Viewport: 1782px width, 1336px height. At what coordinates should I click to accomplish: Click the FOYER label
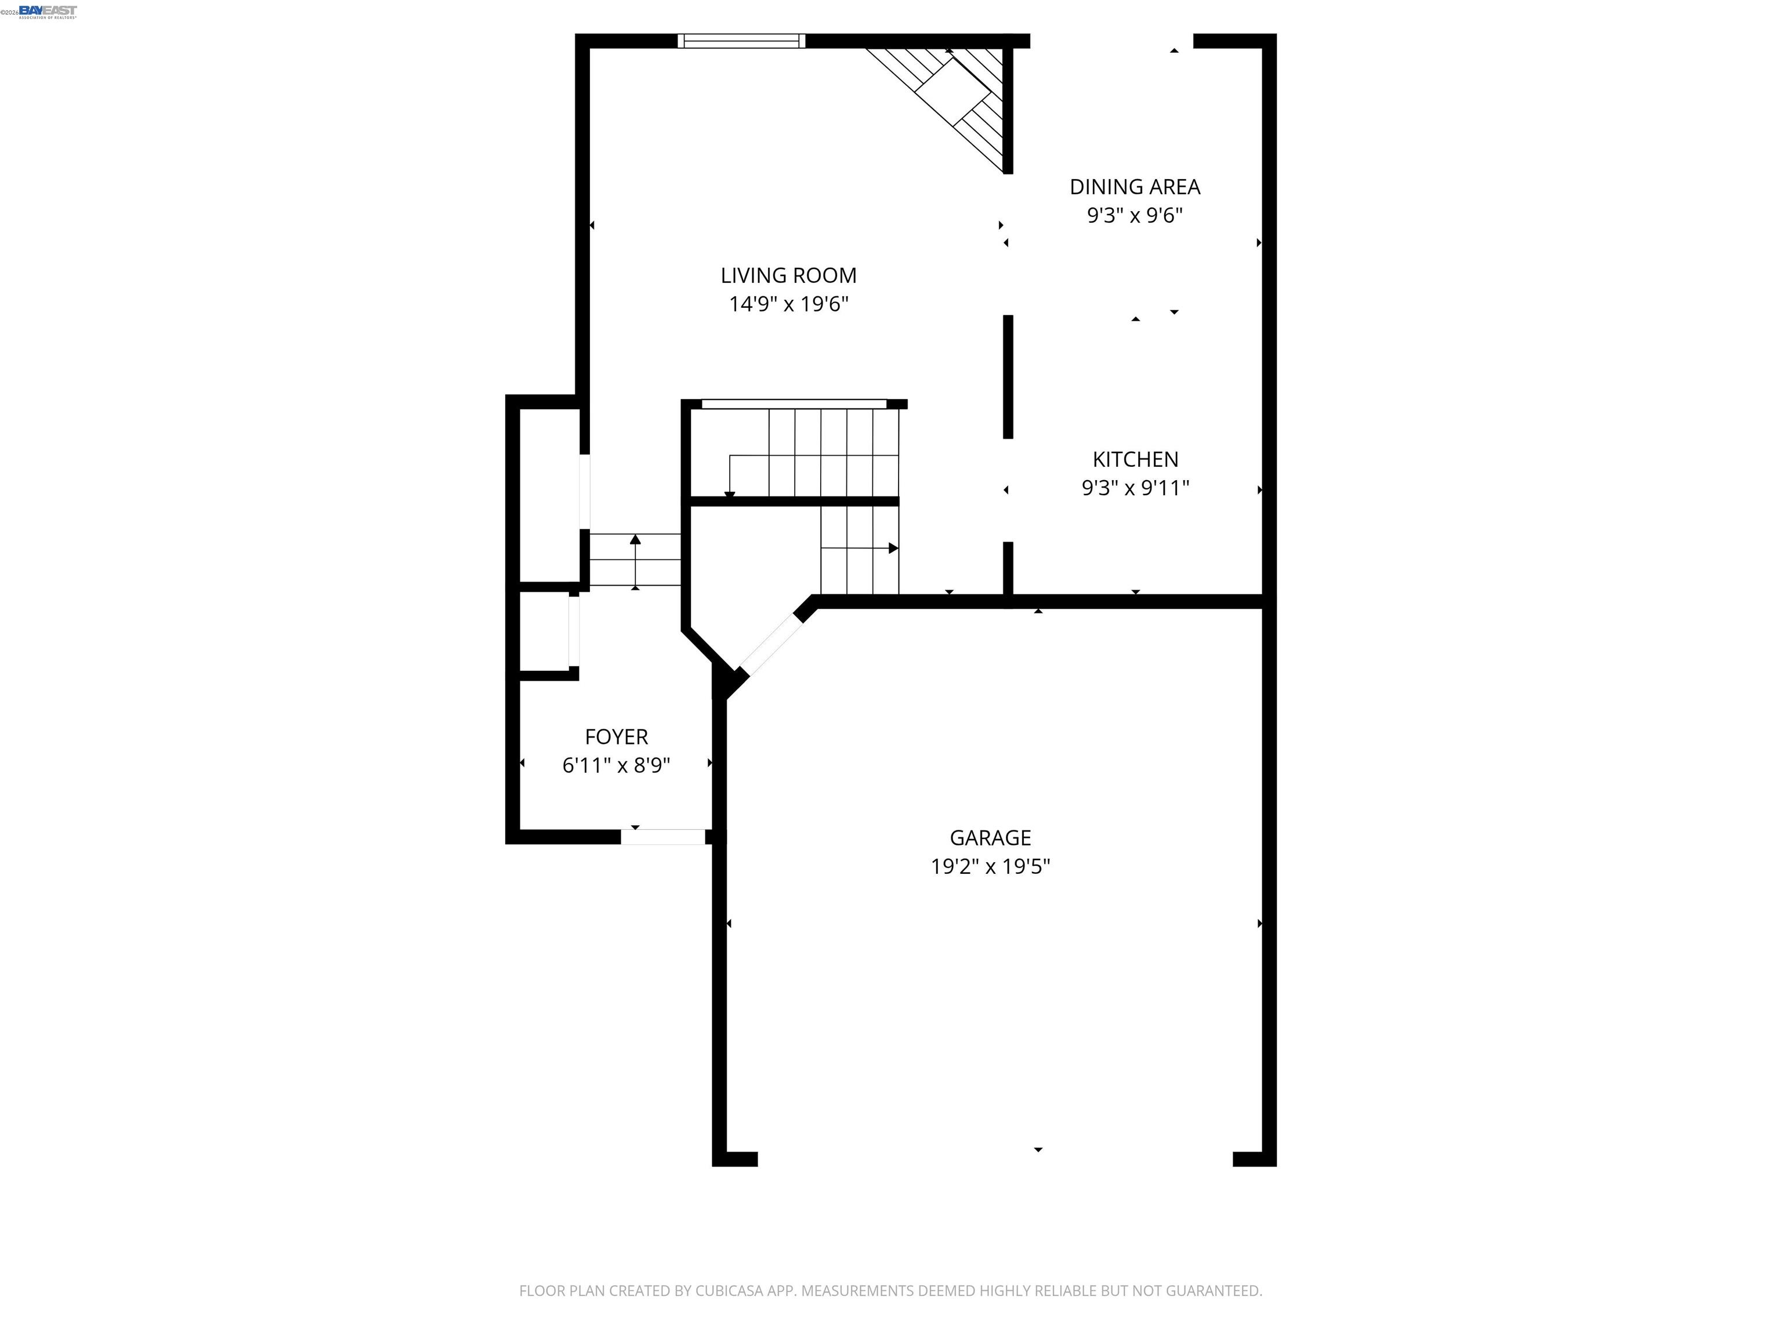click(615, 737)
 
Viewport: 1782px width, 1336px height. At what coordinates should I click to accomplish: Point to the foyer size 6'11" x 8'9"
click(615, 765)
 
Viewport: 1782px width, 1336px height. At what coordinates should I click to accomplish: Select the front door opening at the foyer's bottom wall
click(663, 837)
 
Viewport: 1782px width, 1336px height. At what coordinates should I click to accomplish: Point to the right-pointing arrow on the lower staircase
click(893, 549)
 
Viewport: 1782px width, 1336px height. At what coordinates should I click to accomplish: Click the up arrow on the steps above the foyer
click(635, 539)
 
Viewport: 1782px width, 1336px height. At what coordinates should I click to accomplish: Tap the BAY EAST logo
click(48, 11)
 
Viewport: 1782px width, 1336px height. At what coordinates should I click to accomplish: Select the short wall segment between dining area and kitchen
click(1007, 377)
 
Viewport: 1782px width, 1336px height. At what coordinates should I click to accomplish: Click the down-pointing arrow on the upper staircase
click(730, 493)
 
